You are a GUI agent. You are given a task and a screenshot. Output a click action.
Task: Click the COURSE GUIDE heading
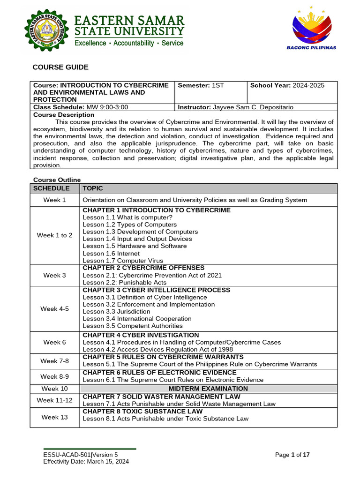60,67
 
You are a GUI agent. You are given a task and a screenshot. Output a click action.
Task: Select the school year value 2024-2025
308,85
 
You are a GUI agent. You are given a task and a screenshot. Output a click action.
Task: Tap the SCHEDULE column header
51,188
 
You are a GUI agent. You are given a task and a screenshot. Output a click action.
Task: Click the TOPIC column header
93,188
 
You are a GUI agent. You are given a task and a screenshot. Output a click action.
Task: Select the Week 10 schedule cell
54,389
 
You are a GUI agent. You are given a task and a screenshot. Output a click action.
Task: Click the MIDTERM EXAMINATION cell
208,389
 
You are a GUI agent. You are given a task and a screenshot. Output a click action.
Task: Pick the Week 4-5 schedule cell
54,309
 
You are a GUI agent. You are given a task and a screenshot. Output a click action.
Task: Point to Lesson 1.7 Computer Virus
123,261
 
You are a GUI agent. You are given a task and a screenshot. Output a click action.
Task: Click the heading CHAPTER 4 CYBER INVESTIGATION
141,335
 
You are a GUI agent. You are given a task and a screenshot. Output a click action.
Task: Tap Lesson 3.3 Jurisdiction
116,312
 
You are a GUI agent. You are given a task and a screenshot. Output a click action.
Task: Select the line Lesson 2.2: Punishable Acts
124,283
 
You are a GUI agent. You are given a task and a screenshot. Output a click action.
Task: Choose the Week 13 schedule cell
54,417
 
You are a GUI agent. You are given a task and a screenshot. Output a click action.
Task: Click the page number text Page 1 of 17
292,455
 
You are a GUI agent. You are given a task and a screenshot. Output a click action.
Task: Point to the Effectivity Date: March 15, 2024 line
86,461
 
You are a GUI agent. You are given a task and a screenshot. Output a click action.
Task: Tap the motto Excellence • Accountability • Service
129,44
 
